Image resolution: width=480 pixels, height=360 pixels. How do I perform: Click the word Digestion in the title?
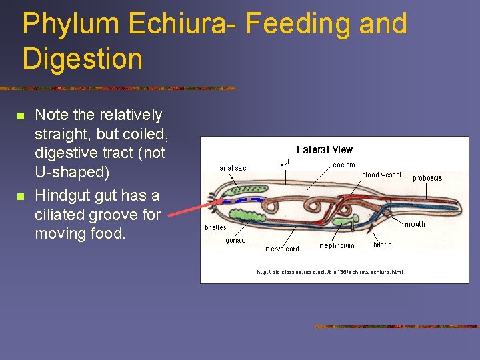tap(82, 59)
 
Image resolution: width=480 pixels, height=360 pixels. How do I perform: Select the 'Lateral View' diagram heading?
tap(324, 150)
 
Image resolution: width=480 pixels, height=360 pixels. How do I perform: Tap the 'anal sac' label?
tap(233, 168)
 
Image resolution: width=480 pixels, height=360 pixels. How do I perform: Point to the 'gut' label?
tap(285, 162)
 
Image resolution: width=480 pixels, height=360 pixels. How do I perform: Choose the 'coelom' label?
tap(344, 165)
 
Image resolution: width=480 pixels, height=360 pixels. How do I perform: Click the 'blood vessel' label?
tap(381, 175)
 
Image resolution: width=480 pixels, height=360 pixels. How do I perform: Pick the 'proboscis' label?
tap(427, 178)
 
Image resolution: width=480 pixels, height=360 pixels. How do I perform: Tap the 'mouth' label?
tap(415, 224)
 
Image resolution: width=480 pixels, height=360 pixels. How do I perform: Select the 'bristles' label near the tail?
tap(215, 227)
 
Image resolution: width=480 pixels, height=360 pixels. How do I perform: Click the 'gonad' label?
tap(235, 240)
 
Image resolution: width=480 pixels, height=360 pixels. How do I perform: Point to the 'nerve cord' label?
tap(282, 249)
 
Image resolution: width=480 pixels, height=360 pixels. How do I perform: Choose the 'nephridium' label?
tap(337, 245)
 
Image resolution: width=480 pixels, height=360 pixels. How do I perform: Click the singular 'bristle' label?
tap(382, 245)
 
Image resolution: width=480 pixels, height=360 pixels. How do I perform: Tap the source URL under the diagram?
tap(329, 271)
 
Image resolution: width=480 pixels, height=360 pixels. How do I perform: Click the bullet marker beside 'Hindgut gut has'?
tap(21, 197)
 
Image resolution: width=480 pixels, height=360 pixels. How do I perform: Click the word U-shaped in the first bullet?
tap(73, 172)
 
